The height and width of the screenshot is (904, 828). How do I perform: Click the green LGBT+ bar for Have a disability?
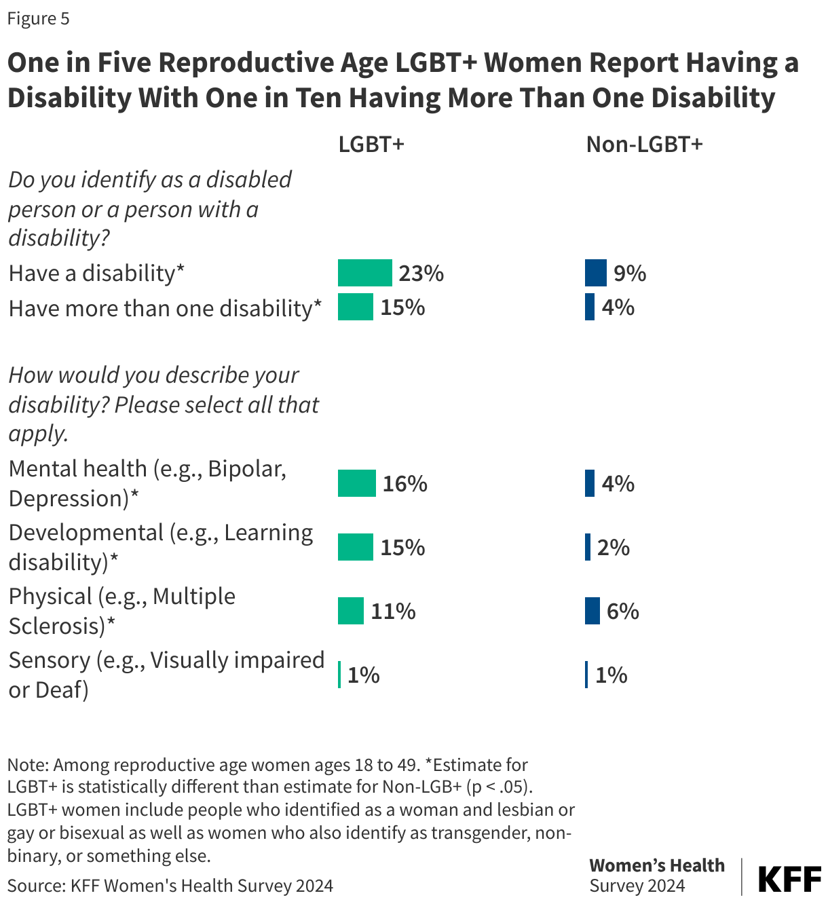[x=365, y=273]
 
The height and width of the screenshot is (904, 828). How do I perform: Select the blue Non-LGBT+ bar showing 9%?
[x=595, y=273]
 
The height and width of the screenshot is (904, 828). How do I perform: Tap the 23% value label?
[x=421, y=273]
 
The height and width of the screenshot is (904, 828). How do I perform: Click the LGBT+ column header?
[x=371, y=145]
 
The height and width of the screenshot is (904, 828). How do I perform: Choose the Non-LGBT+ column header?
[x=644, y=145]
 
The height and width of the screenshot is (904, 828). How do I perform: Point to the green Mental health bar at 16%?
[x=357, y=483]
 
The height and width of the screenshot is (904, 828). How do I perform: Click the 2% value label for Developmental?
[x=614, y=547]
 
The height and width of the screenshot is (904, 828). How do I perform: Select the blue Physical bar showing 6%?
[x=592, y=611]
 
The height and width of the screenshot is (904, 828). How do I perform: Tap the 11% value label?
[x=393, y=611]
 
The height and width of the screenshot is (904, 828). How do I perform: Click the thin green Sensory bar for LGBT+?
[x=339, y=675]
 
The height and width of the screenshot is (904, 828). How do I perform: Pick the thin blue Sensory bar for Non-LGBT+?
[x=586, y=675]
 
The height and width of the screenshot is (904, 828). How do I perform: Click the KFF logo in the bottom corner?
[x=788, y=879]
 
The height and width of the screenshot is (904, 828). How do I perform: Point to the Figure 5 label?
[x=38, y=18]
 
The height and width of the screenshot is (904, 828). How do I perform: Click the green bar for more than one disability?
[x=356, y=307]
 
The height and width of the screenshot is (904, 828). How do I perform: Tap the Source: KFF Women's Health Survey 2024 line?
[x=170, y=885]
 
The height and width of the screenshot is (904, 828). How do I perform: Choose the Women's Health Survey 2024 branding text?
[x=656, y=875]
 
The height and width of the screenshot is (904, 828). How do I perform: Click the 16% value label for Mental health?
[x=404, y=483]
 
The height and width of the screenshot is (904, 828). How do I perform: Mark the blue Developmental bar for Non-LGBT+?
[x=588, y=547]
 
